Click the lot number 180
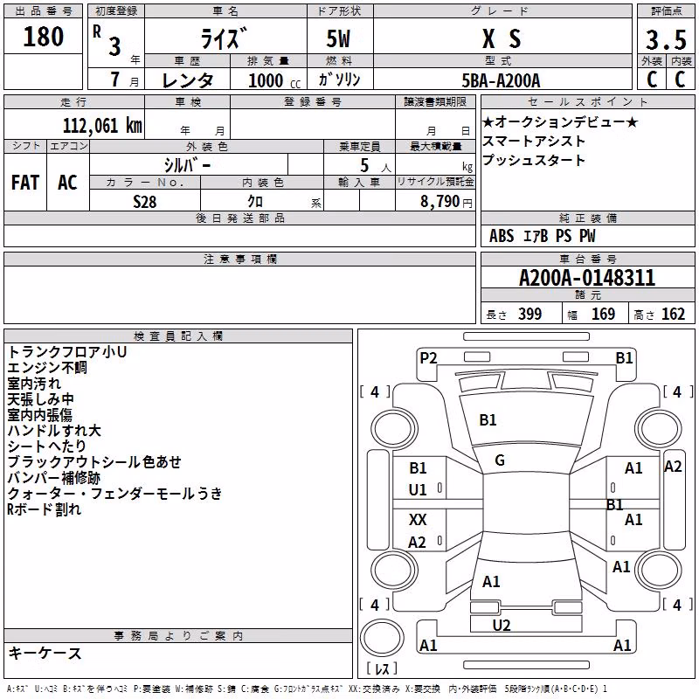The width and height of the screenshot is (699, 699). tap(43, 36)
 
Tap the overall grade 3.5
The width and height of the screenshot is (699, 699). tap(666, 39)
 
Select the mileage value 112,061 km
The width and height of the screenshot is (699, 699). tap(102, 126)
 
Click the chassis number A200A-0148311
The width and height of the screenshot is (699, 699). tap(587, 278)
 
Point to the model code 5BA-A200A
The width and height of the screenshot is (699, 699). tap(501, 80)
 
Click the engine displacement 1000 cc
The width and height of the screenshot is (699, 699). tap(274, 80)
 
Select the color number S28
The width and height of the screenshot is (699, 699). tap(144, 202)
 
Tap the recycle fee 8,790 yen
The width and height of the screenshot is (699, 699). tap(446, 202)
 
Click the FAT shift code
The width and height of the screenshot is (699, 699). tap(25, 183)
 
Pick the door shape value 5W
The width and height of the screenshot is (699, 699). tap(338, 38)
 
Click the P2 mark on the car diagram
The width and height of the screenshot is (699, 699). tap(428, 358)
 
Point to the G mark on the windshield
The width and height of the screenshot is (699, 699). tap(500, 460)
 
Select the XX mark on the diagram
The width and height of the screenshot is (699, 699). tap(418, 520)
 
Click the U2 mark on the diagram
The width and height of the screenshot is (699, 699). tap(502, 626)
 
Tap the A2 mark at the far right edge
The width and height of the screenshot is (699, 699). tap(673, 467)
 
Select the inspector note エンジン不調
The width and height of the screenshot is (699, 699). tap(47, 368)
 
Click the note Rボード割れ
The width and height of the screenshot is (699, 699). tap(44, 509)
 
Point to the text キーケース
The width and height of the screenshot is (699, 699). tap(45, 654)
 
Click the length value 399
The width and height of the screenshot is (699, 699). tap(530, 314)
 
